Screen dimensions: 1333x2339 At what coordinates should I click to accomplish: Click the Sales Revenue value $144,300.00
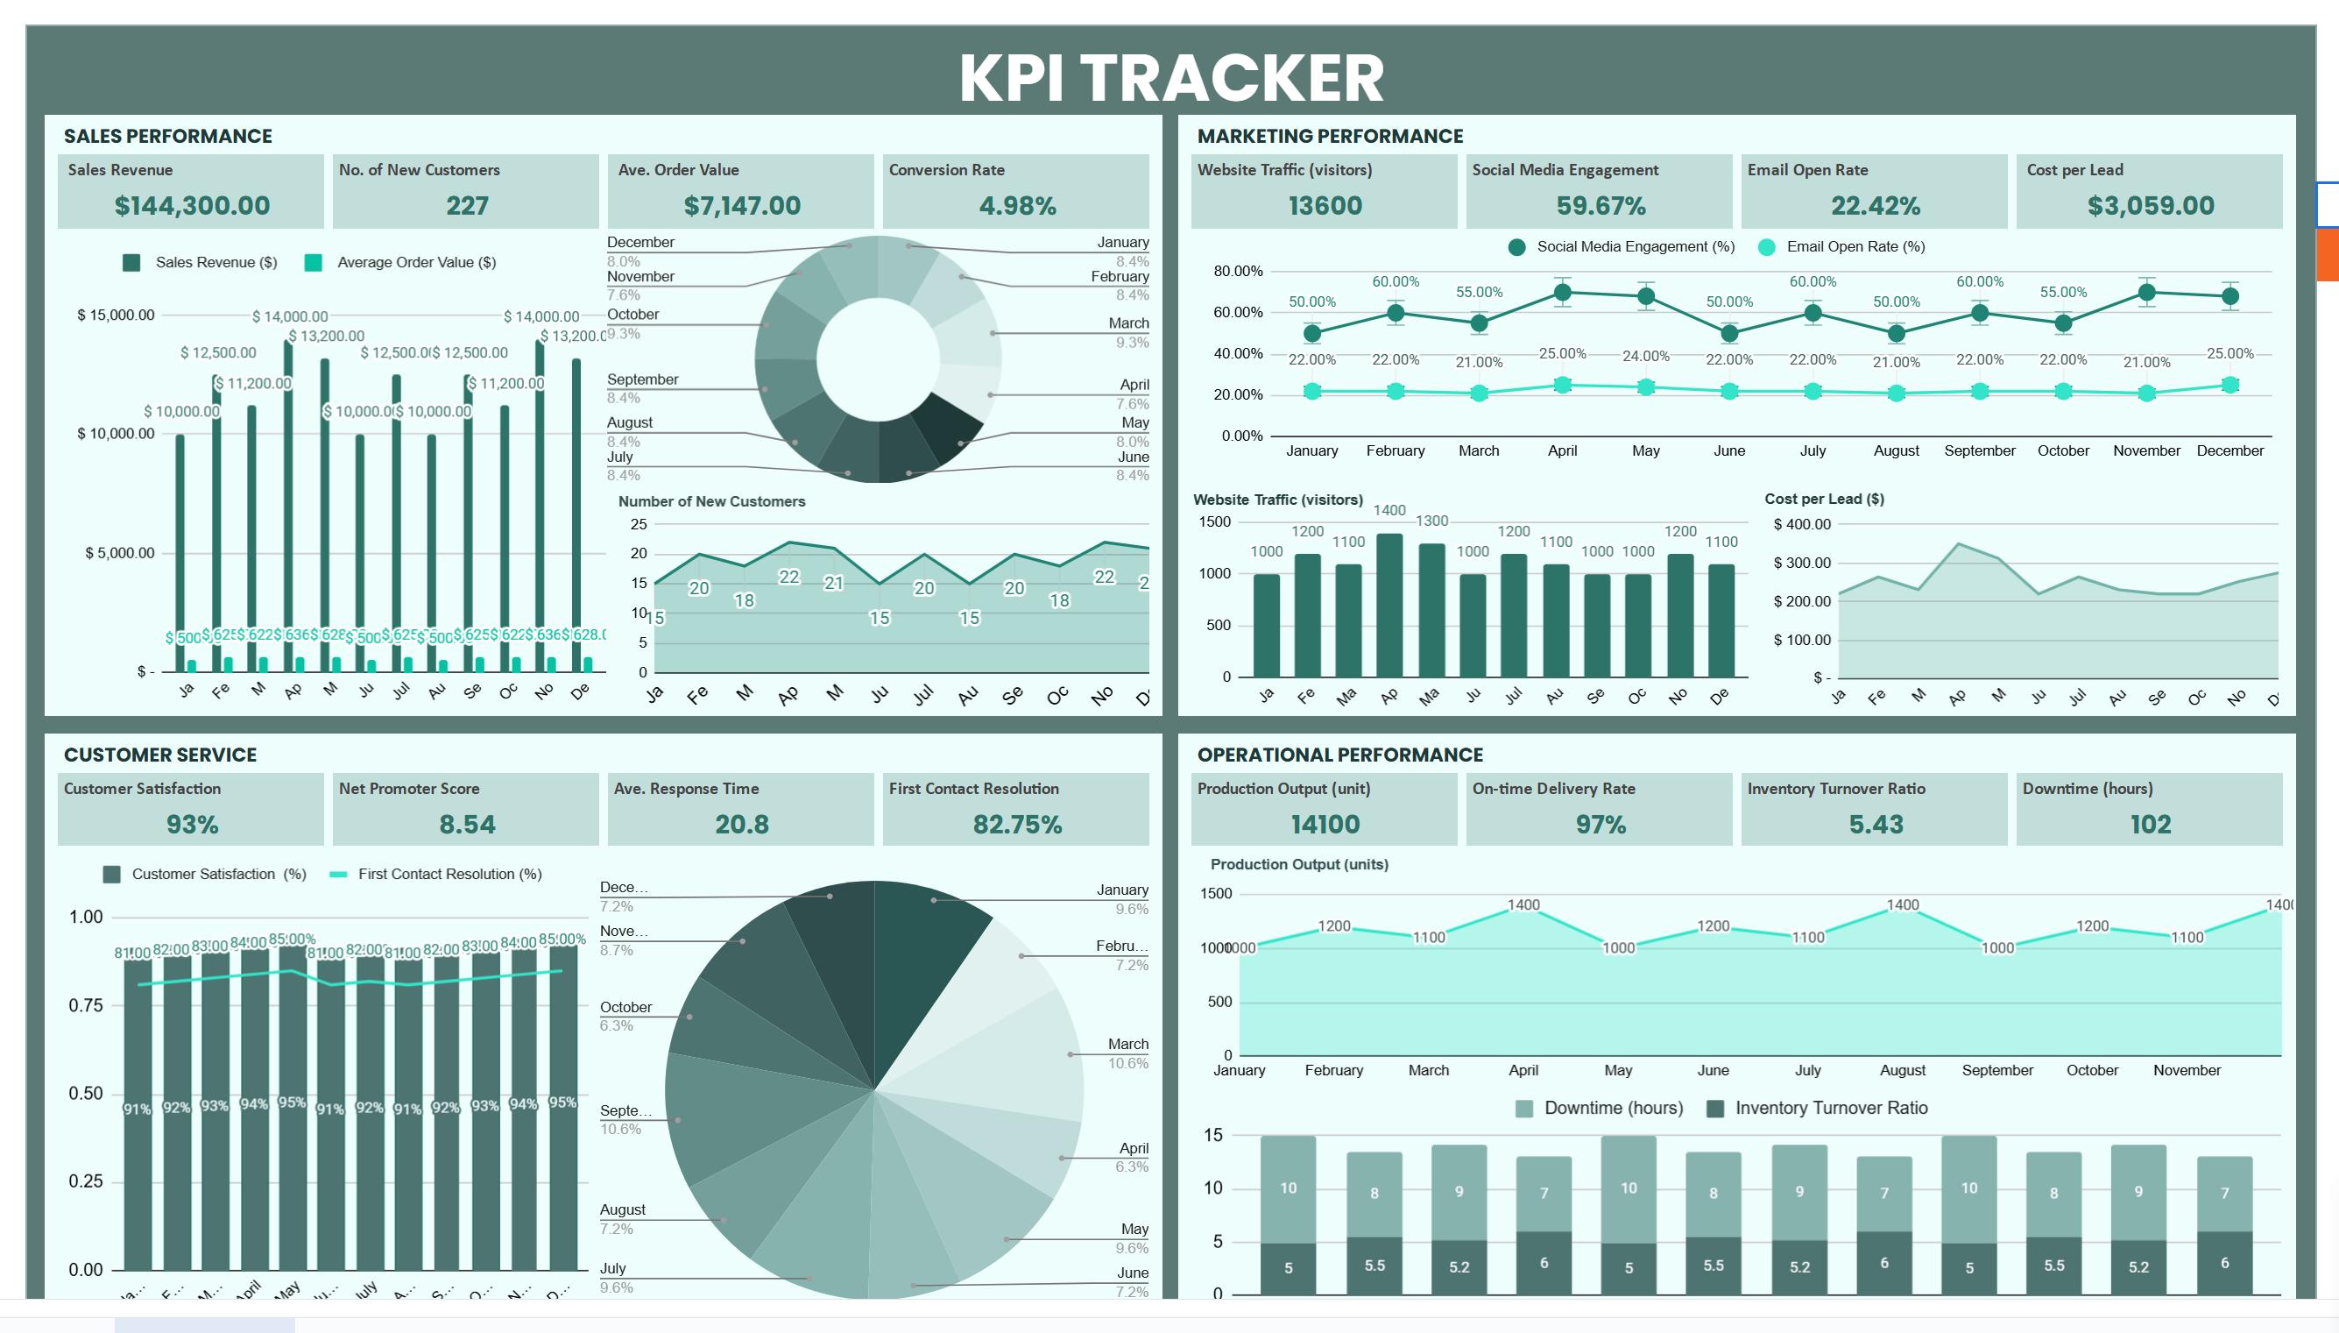[x=192, y=205]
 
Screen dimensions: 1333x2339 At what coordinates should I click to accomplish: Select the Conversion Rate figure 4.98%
[x=1017, y=205]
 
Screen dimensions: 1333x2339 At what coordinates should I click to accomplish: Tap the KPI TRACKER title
[x=1170, y=77]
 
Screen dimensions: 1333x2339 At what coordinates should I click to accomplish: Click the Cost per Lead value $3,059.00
[x=2151, y=205]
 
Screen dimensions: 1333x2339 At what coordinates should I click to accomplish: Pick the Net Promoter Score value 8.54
[x=467, y=824]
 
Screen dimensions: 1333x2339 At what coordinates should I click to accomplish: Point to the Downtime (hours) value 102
[x=2150, y=824]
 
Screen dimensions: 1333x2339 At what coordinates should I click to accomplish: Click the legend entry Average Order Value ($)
[x=415, y=262]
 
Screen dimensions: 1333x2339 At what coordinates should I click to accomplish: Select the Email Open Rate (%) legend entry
[x=1855, y=246]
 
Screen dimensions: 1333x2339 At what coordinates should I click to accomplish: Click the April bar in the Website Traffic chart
[x=1389, y=604]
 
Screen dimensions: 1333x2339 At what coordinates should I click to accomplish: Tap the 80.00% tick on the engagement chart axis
[x=1237, y=271]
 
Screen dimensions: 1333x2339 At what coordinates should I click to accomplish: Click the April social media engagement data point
[x=1562, y=293]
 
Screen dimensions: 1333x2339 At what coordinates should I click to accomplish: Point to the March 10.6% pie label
[x=1127, y=1053]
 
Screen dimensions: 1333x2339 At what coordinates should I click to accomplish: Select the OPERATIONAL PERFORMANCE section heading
[x=1339, y=755]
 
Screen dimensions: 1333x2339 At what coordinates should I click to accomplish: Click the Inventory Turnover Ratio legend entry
[x=1830, y=1108]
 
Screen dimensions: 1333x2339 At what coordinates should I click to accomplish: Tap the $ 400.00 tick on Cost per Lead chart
[x=1801, y=524]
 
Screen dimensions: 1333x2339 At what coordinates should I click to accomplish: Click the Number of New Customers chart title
[x=711, y=500]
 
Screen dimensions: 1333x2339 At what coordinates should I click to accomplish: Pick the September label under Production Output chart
[x=1996, y=1070]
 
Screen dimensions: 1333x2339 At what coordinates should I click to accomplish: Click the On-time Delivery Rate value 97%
[x=1600, y=824]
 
